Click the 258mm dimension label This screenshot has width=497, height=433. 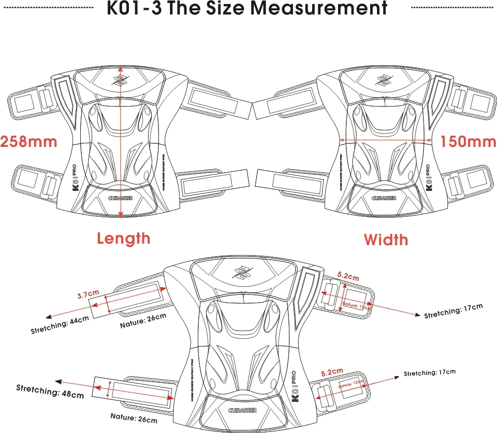(x=28, y=141)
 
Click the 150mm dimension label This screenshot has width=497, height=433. (x=468, y=141)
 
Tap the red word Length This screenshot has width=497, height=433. (x=124, y=238)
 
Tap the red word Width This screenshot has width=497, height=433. (x=386, y=240)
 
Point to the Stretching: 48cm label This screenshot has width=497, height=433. (x=50, y=391)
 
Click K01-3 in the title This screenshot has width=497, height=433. (x=136, y=8)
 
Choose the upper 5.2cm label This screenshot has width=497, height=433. (x=348, y=277)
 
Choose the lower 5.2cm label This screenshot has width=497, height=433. (x=332, y=371)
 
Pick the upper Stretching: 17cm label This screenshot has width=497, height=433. (x=453, y=311)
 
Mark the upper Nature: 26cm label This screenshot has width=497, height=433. (x=142, y=321)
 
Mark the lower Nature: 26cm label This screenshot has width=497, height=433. (x=134, y=417)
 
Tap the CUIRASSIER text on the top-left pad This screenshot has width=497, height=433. (x=122, y=198)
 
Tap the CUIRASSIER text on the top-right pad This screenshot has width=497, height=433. (x=384, y=198)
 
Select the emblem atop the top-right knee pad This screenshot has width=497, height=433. (x=383, y=80)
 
